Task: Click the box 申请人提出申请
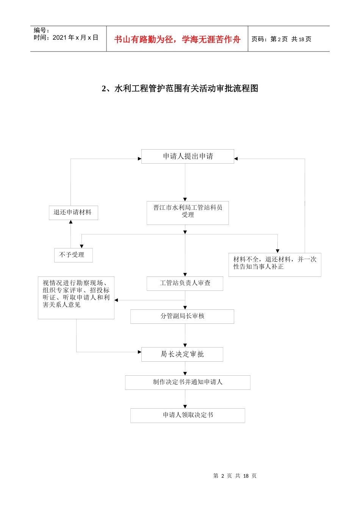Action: point(188,156)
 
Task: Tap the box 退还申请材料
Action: point(73,212)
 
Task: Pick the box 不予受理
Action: point(73,255)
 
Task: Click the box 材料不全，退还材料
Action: point(274,264)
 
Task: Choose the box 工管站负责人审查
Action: point(185,283)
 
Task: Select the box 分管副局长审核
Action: point(182,316)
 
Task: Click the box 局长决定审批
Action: point(182,354)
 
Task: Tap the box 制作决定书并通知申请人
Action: point(188,382)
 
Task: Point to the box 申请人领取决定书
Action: point(188,415)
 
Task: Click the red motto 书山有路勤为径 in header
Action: point(177,39)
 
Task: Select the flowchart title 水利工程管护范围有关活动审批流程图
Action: point(180,89)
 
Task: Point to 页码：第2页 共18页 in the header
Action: point(281,39)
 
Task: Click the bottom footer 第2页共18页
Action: point(235,476)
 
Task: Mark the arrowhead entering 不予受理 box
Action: point(81,246)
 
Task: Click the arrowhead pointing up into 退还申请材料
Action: point(71,222)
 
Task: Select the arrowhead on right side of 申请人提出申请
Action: point(236,159)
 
